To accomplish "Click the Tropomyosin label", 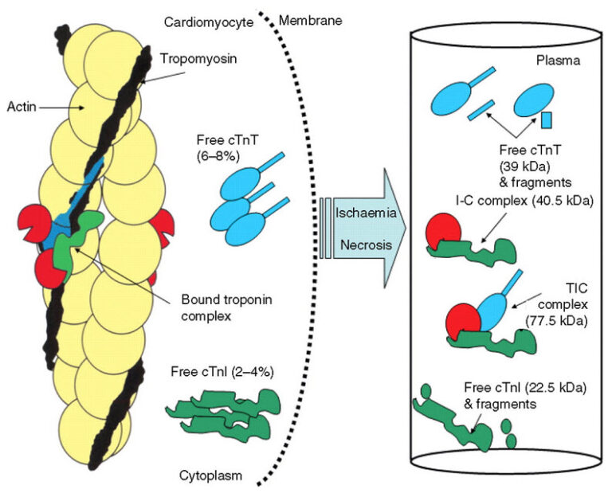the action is [x=198, y=59].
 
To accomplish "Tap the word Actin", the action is [x=22, y=107].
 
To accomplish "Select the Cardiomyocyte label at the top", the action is [x=209, y=22].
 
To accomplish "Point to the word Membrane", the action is [x=310, y=20].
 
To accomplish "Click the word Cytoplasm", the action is [x=210, y=475].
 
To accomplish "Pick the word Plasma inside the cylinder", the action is [x=558, y=61].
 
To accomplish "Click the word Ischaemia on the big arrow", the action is [x=366, y=213].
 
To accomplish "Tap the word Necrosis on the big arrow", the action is [x=366, y=245].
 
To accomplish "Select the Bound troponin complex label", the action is [x=227, y=307].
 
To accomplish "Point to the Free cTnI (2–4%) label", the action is [x=222, y=372].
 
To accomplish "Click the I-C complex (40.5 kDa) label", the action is [x=524, y=201].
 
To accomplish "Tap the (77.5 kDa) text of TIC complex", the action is [x=556, y=321].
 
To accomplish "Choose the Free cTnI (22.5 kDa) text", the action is [x=525, y=388].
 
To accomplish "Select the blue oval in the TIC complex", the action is [x=492, y=313].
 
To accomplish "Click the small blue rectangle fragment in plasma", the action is [x=547, y=120].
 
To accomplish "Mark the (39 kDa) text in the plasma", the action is [x=525, y=166].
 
